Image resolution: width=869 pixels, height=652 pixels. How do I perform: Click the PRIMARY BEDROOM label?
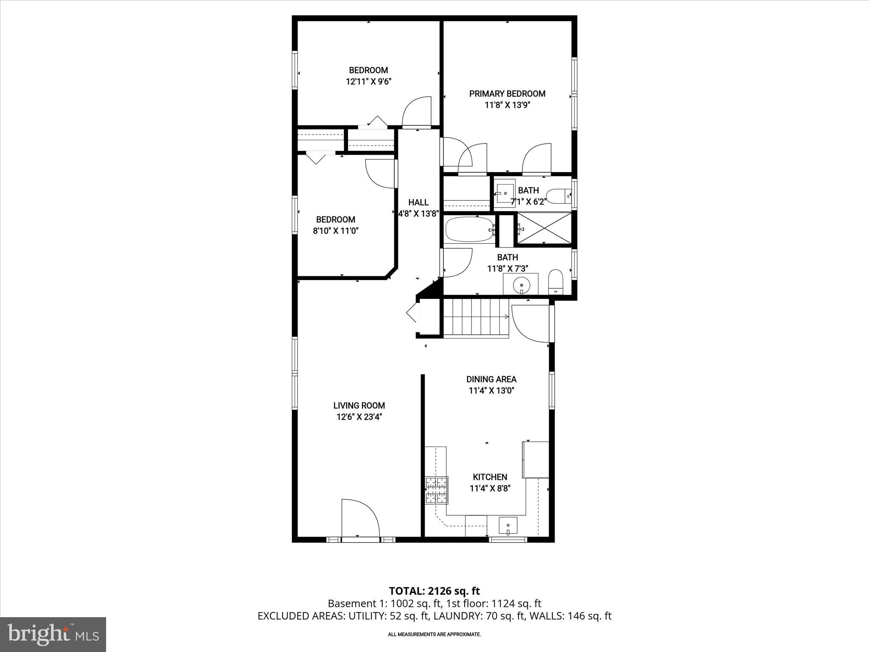tap(507, 94)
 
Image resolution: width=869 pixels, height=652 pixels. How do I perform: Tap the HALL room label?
tap(418, 202)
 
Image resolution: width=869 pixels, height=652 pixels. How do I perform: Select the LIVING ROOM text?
tap(359, 405)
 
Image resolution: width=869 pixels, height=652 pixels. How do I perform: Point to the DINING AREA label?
tap(491, 379)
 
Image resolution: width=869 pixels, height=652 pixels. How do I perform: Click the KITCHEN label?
tap(490, 477)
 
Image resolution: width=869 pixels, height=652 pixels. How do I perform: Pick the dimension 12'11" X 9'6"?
tap(368, 81)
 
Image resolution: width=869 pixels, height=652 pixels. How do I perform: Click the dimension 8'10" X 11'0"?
tap(335, 231)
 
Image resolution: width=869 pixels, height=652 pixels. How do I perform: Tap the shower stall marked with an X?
tap(545, 229)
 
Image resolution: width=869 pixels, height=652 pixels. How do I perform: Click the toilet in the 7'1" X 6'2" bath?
tap(557, 196)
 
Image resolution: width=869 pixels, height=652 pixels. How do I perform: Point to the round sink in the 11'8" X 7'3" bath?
tap(521, 283)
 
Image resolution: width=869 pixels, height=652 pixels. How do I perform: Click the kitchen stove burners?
tap(437, 490)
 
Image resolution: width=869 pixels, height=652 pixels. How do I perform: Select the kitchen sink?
tap(508, 526)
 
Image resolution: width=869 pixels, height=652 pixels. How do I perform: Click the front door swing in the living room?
tap(360, 520)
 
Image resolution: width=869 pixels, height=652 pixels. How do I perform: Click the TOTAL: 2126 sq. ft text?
tap(434, 591)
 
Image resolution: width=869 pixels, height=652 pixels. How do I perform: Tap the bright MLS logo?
tap(53, 634)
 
